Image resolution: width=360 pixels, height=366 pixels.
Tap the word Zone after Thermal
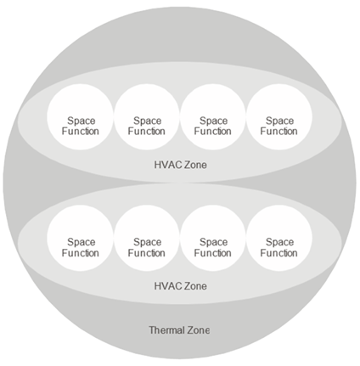198,330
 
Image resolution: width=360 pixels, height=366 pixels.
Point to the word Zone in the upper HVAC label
195,165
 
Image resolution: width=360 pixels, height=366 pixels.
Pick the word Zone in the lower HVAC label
195,286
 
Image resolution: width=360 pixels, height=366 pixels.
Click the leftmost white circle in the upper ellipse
80,117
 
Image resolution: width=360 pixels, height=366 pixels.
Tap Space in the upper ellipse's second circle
147,121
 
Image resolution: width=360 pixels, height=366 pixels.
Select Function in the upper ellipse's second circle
147,132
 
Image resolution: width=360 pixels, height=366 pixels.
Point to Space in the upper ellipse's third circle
213,121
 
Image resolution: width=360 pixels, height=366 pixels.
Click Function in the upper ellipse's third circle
213,132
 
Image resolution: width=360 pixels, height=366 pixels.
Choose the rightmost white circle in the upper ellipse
279,117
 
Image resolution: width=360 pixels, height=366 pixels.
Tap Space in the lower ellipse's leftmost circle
81,242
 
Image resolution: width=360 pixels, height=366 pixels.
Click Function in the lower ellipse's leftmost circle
81,253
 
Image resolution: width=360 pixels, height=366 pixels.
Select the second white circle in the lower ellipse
147,238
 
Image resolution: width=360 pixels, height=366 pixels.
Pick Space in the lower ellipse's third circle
213,242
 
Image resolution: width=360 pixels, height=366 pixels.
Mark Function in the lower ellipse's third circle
213,253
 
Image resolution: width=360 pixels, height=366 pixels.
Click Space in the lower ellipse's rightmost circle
279,242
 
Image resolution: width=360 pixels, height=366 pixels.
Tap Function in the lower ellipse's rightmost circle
279,253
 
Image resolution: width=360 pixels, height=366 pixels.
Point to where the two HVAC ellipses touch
180,183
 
